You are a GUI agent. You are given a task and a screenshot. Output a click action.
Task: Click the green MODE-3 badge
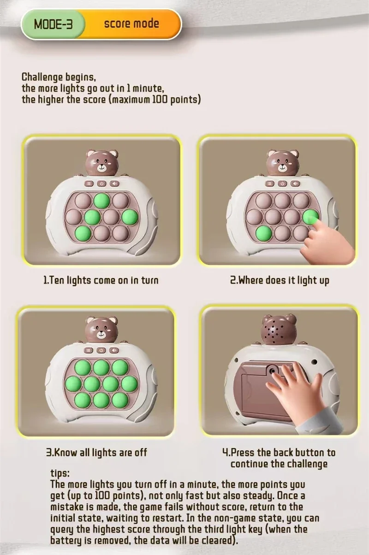[x=53, y=24]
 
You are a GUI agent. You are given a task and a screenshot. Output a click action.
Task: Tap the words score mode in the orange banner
[x=131, y=24]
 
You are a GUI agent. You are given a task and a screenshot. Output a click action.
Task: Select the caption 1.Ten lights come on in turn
[x=101, y=280]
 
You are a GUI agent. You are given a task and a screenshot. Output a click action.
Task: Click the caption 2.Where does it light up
[x=280, y=280]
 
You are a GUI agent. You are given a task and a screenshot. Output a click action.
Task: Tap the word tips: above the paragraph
[x=60, y=473]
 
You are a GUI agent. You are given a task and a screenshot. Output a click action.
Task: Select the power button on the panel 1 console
[x=101, y=184]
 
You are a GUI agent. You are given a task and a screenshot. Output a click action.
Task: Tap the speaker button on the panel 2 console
[x=295, y=184]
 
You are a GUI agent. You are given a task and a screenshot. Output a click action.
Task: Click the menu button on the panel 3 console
[x=89, y=350]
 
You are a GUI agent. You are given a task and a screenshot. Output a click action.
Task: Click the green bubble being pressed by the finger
[x=310, y=217]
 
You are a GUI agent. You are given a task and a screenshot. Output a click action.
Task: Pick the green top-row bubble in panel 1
[x=102, y=200]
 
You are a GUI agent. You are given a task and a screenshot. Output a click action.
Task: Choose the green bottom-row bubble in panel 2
[x=263, y=233]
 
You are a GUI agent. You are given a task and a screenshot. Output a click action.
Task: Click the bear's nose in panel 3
[x=101, y=332]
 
